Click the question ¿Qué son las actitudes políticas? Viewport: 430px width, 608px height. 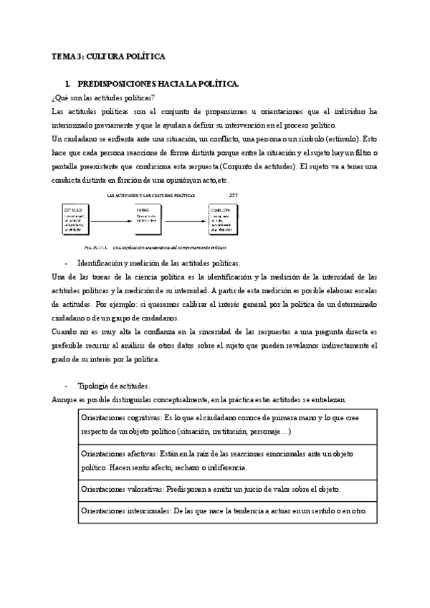[x=103, y=98]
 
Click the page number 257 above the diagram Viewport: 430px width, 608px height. [x=233, y=194]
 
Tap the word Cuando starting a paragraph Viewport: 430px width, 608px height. [x=64, y=331]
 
